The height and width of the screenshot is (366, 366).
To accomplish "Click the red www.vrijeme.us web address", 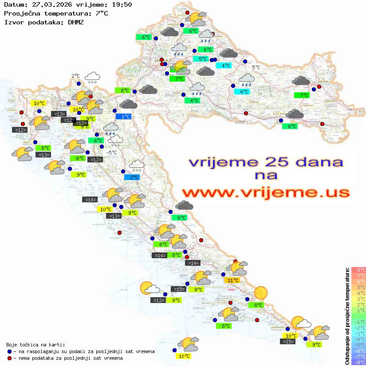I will (265, 192).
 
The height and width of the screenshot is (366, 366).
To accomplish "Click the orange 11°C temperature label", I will (233, 280).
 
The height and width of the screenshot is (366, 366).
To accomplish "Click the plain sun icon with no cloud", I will (260, 292).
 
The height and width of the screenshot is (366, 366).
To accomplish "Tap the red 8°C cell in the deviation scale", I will (358, 270).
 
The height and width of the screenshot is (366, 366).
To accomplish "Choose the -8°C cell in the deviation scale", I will (358, 362).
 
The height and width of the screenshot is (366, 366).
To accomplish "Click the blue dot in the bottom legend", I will (9, 351).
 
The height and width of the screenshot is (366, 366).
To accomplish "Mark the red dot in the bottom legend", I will (9, 358).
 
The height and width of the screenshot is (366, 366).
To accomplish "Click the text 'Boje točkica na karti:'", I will (35, 345).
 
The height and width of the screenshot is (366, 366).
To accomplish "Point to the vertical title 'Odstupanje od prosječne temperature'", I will (347, 316).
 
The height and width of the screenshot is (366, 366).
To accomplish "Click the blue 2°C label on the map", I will (132, 177).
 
